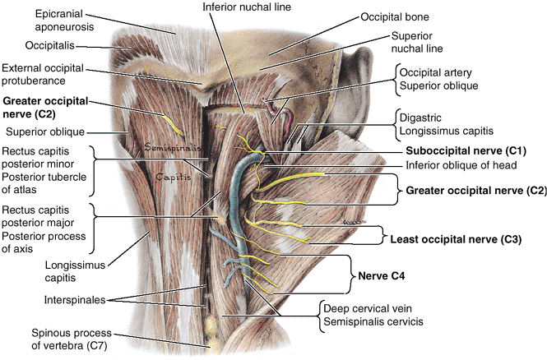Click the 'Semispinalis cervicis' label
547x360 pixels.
pyautogui.click(x=371, y=322)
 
